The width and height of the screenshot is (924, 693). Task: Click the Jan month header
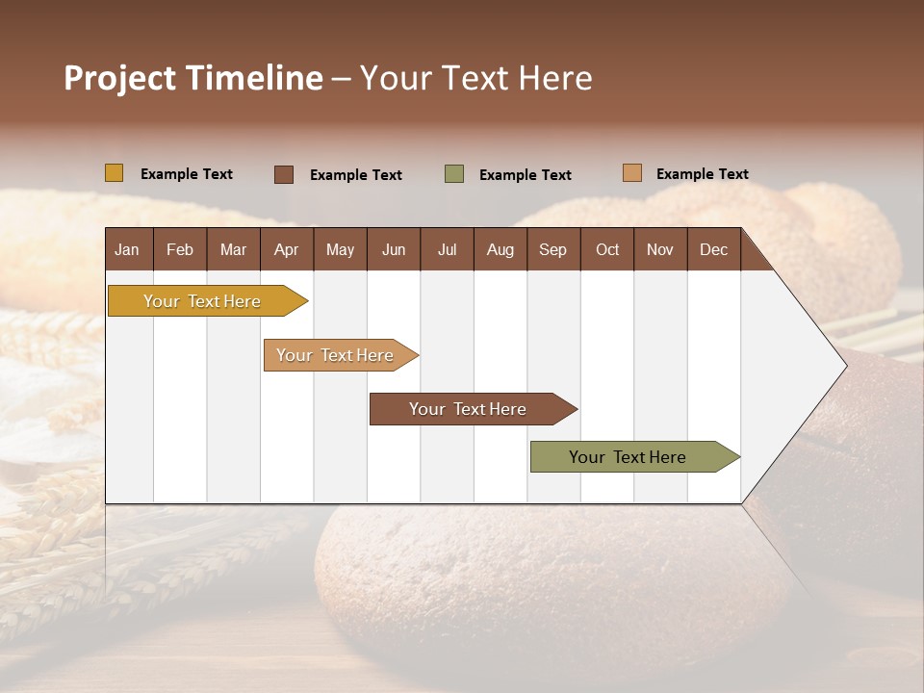coord(127,250)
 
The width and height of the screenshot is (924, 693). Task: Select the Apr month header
coord(286,250)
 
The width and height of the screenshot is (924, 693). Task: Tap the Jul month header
coord(447,250)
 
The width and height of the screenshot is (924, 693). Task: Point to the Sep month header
coord(552,250)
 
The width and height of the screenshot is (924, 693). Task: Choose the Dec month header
coord(713,250)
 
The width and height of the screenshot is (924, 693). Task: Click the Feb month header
coord(180,250)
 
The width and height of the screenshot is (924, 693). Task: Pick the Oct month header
coord(607,250)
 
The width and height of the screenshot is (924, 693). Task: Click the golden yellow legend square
coord(115,173)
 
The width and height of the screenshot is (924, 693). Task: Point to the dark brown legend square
coord(284,174)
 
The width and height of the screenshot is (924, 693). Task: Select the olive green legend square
coord(454,174)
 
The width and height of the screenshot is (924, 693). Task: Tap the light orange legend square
coord(632,173)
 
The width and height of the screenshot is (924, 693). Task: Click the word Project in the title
coord(118,78)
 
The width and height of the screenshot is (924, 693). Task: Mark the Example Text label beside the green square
coord(525,175)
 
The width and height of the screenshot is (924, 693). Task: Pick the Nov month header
coord(660,250)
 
